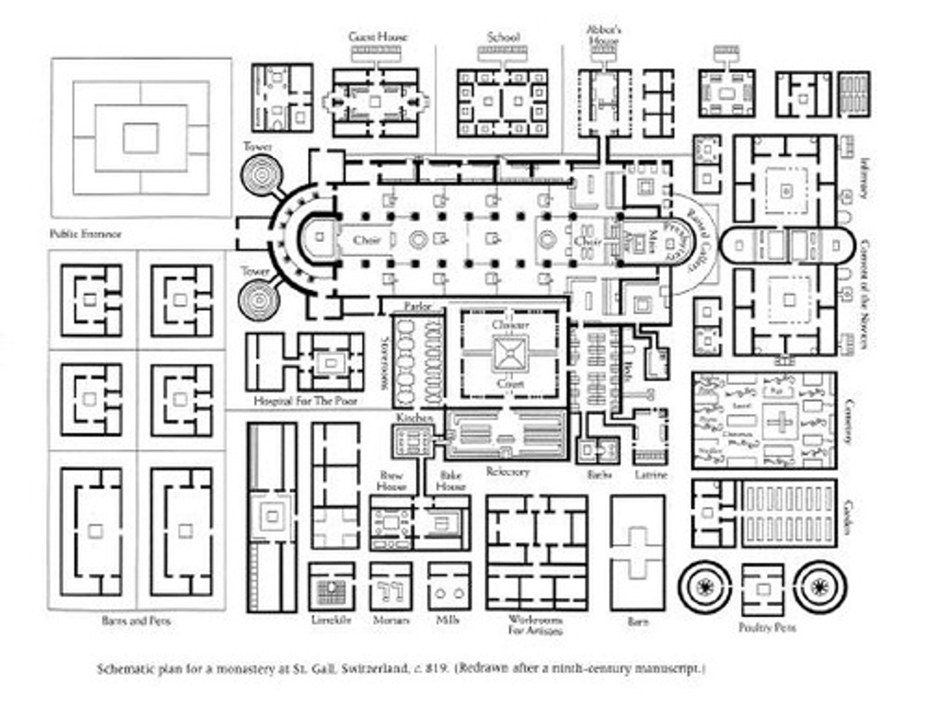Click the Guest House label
[378, 37]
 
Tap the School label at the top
[503, 37]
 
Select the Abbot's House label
[603, 35]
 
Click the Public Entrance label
[85, 234]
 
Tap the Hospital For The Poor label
[305, 401]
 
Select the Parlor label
[417, 306]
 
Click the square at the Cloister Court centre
[510, 354]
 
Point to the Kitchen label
[414, 419]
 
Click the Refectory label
[508, 472]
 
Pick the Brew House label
[391, 480]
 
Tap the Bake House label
[451, 480]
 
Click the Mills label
[447, 620]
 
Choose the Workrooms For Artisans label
[535, 625]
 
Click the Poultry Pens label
[767, 627]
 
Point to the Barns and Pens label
[136, 621]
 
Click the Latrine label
[651, 474]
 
